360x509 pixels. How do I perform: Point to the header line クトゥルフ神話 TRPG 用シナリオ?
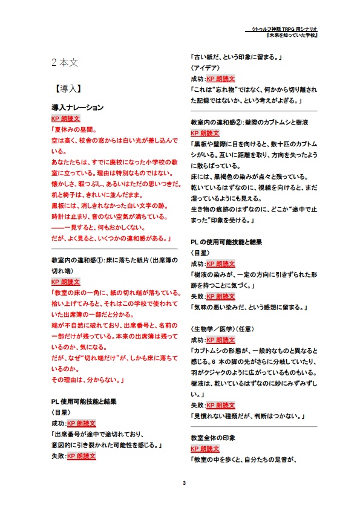pos(287,29)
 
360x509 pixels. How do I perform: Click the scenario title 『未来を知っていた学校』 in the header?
pos(293,36)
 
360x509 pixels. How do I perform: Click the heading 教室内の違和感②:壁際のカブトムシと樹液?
pos(249,122)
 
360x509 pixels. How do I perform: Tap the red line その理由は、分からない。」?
pos(88,380)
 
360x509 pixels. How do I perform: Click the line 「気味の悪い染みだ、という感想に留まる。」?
pos(249,307)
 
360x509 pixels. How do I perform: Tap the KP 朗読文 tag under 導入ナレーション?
pos(66,118)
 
